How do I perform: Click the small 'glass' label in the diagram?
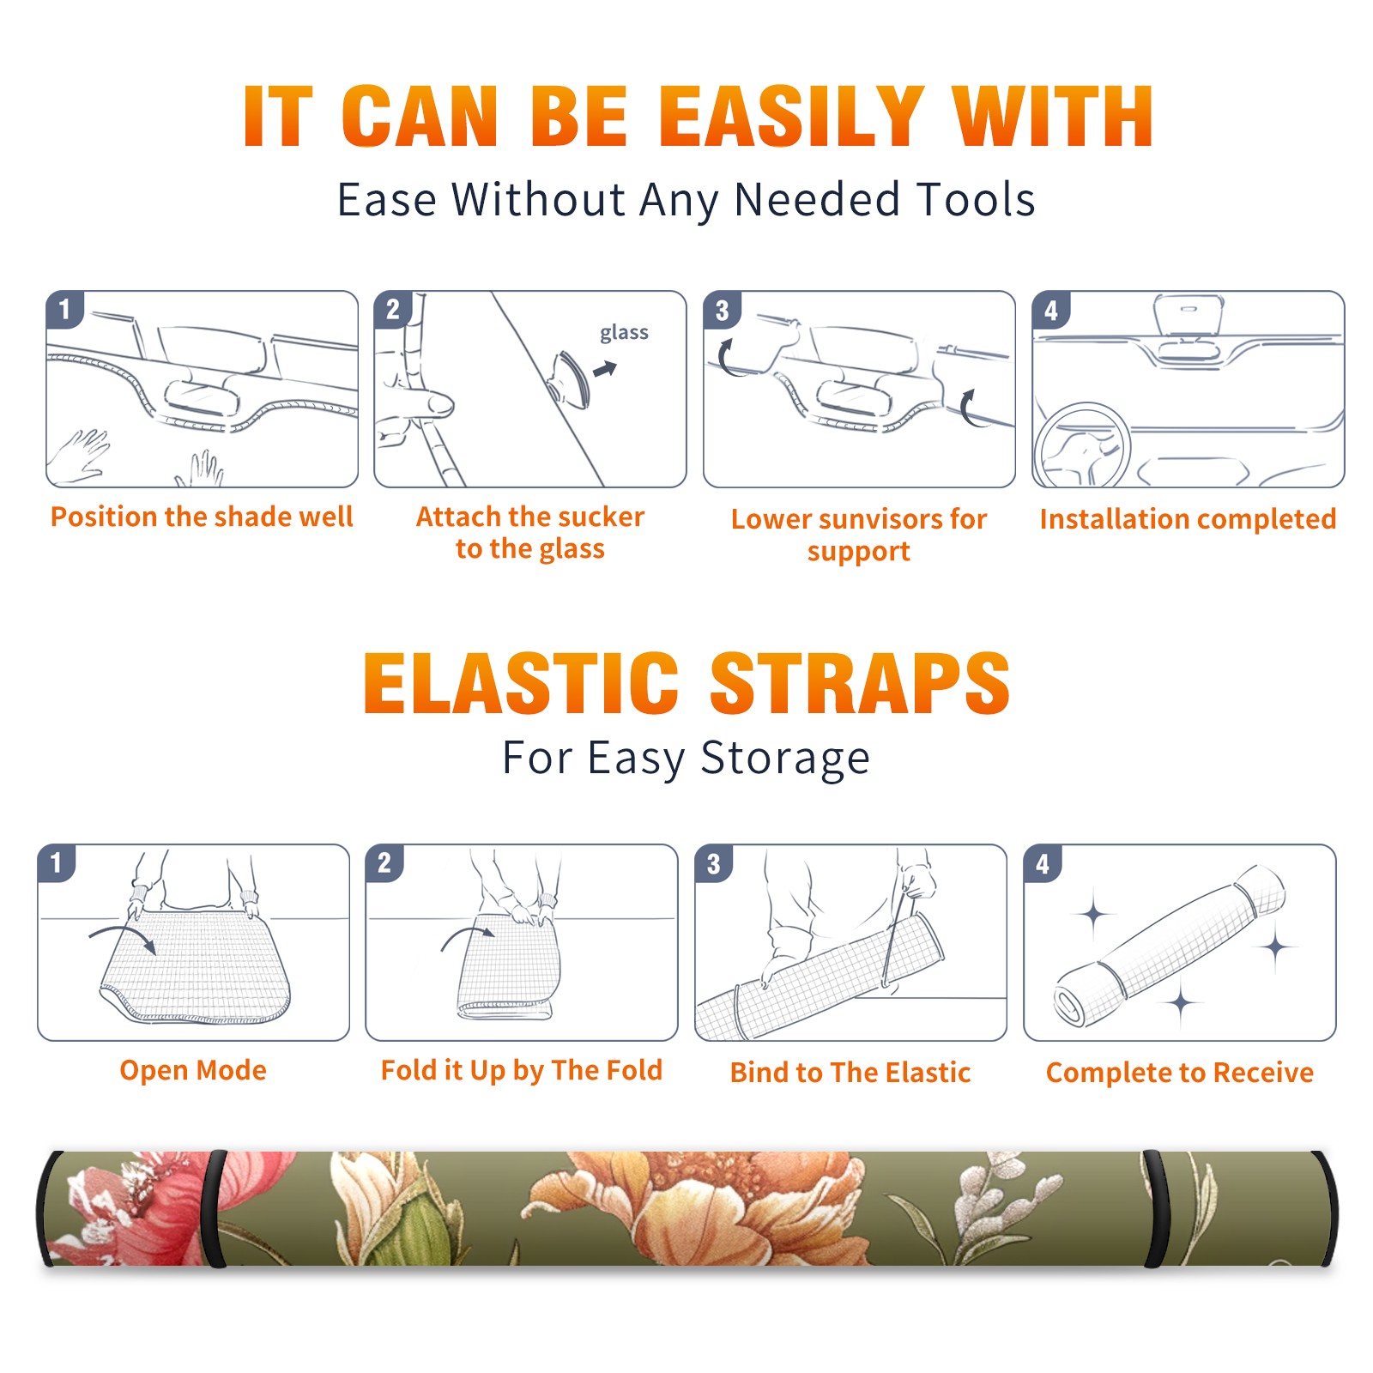[x=624, y=332]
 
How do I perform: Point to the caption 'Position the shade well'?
[x=202, y=517]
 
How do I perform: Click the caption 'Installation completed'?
[x=1188, y=519]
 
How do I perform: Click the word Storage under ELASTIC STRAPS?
[x=785, y=759]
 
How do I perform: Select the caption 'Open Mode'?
[x=193, y=1070]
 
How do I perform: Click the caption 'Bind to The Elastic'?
[x=850, y=1073]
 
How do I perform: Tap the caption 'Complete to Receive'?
[x=1180, y=1073]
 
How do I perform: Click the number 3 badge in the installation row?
[x=722, y=310]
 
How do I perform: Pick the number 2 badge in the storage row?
[x=384, y=862]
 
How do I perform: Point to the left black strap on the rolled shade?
[x=215, y=1208]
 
